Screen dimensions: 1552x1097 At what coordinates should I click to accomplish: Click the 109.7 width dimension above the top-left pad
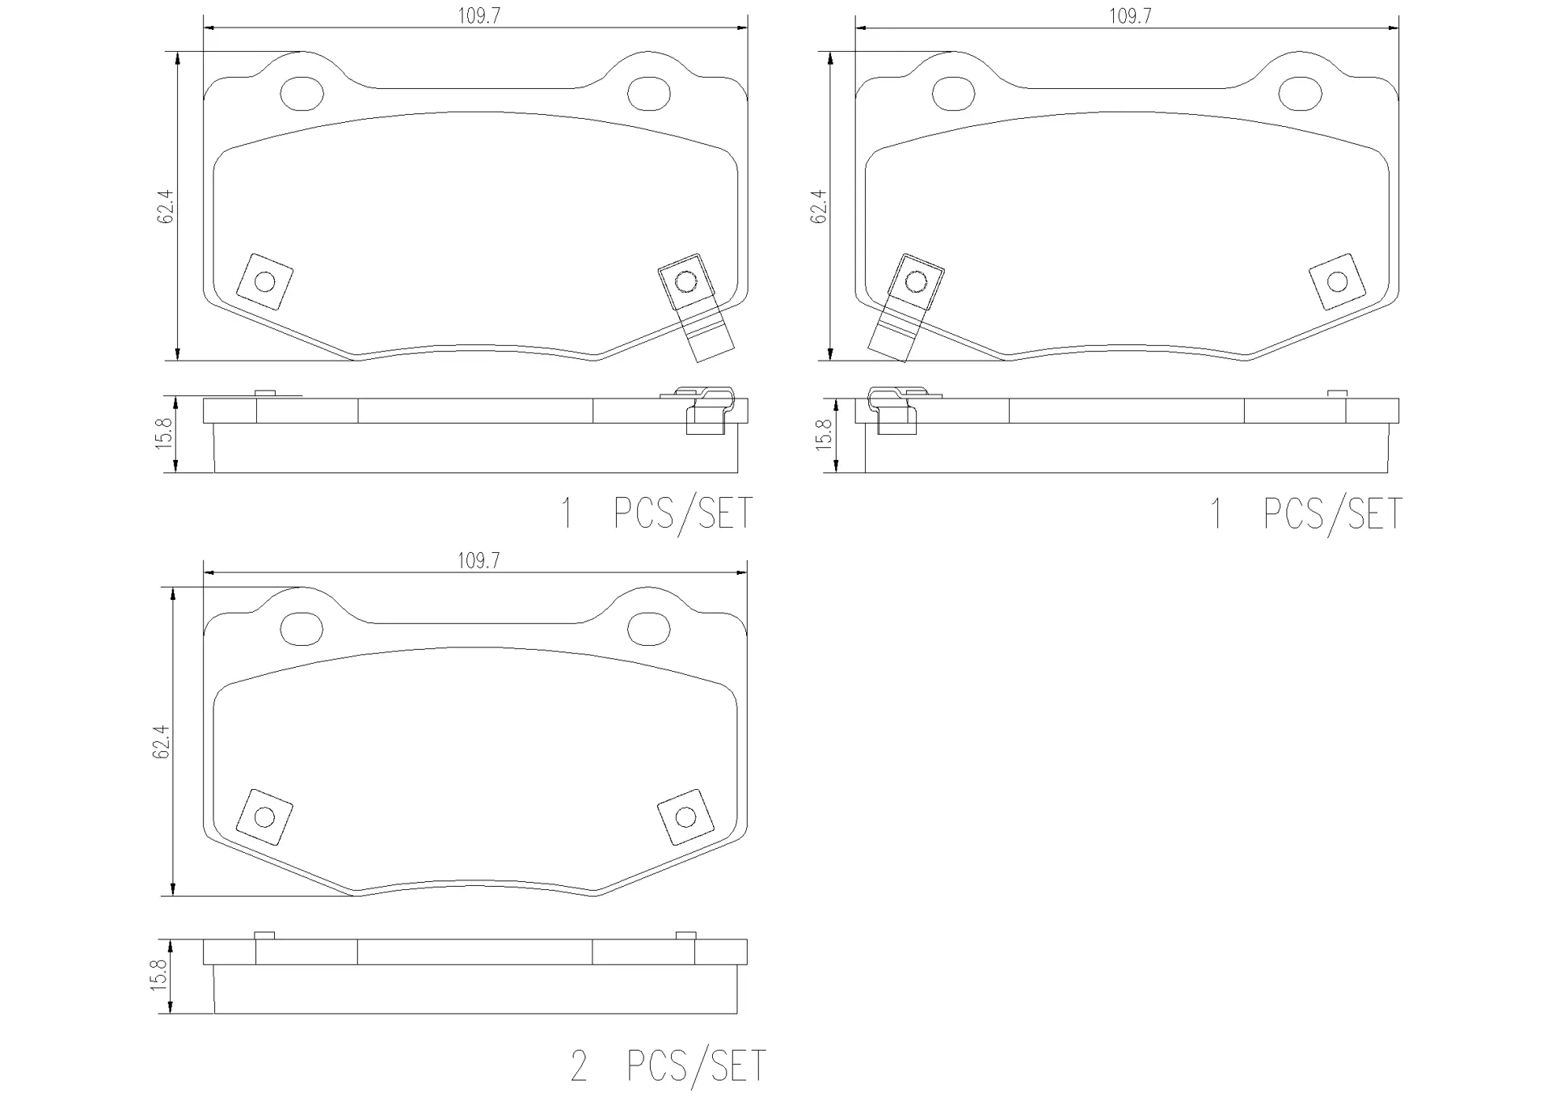pyautogui.click(x=479, y=16)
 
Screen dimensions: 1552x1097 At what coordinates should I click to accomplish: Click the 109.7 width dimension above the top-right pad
pyautogui.click(x=1130, y=16)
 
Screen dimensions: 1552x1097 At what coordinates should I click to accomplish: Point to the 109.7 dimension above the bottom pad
pyautogui.click(x=479, y=560)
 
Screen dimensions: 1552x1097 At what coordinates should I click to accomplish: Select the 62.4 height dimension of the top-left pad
pyautogui.click(x=166, y=206)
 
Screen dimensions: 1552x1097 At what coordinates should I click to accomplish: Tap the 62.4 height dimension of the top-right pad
pyautogui.click(x=818, y=206)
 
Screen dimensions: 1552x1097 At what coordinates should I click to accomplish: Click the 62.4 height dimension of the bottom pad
pyautogui.click(x=161, y=741)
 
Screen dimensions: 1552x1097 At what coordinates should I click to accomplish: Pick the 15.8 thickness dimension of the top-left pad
pyautogui.click(x=165, y=434)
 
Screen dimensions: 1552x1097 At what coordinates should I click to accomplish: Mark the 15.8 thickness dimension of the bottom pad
pyautogui.click(x=159, y=976)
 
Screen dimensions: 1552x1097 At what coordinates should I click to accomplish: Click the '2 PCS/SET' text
pyautogui.click(x=668, y=1065)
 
